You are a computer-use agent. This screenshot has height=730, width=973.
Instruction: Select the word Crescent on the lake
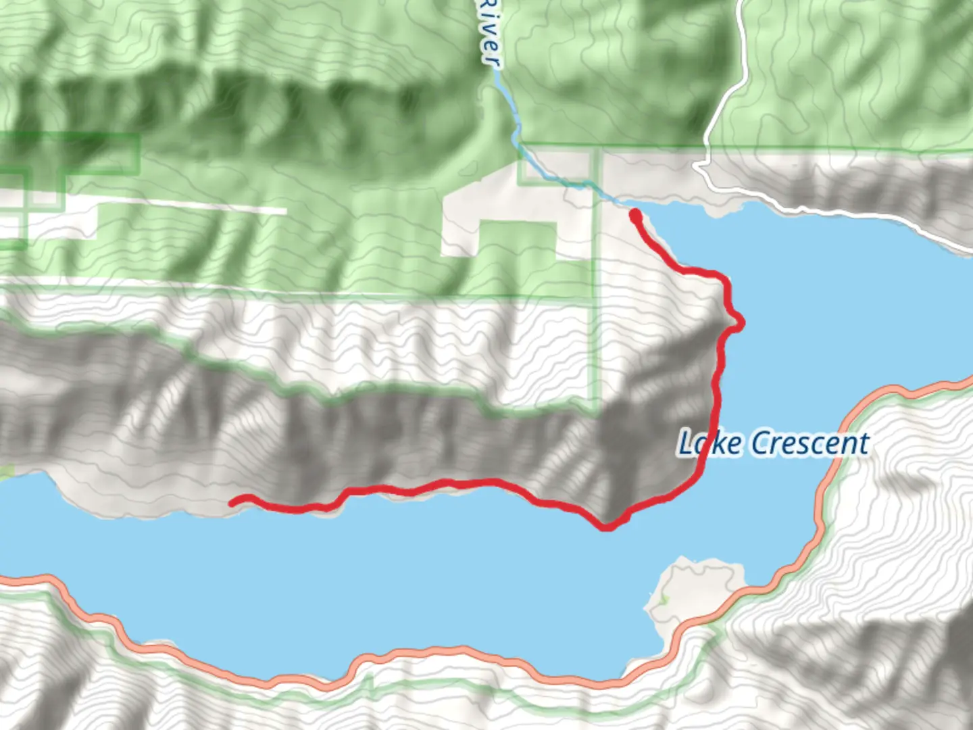click(x=810, y=443)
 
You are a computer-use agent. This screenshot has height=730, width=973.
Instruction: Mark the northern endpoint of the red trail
click(x=635, y=214)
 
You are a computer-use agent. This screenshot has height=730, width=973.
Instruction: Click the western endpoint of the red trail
click(x=233, y=502)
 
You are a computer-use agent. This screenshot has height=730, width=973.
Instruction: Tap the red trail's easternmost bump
click(x=741, y=324)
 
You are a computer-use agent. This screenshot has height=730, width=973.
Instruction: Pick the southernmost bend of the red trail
click(x=607, y=527)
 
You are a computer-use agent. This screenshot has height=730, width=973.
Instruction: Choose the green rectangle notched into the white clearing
click(x=517, y=240)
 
